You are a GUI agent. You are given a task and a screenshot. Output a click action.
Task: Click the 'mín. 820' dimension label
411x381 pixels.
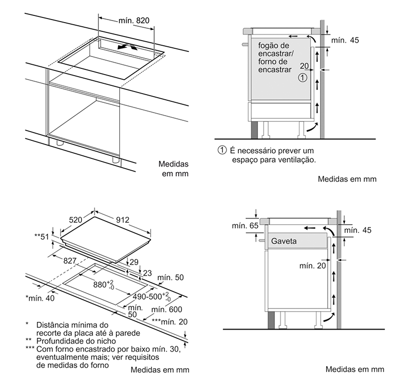click(x=133, y=21)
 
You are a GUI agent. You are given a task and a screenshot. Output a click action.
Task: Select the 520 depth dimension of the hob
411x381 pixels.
click(x=76, y=220)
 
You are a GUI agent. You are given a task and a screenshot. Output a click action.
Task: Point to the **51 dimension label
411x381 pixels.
click(x=44, y=237)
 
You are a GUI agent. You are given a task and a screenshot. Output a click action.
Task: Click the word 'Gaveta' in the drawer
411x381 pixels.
click(x=284, y=241)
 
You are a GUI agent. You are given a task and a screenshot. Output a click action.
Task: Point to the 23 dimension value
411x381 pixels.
click(x=147, y=273)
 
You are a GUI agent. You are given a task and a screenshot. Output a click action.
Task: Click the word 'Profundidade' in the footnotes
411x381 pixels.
click(x=59, y=341)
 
